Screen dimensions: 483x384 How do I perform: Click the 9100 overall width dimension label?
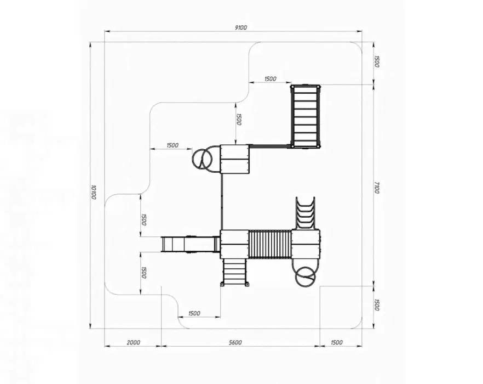coord(240,27)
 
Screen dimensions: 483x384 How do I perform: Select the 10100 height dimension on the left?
coord(94,192)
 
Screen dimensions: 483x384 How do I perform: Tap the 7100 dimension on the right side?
coord(377,188)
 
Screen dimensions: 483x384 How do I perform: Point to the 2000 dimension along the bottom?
coord(134,342)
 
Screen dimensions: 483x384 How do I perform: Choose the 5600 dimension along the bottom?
coord(235,342)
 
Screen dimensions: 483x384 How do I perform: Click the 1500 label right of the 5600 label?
coord(336,342)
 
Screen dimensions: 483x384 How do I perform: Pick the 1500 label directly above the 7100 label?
coord(377,61)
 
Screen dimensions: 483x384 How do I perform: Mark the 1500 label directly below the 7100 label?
coord(377,304)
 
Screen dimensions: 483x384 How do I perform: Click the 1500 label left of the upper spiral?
coord(172,145)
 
